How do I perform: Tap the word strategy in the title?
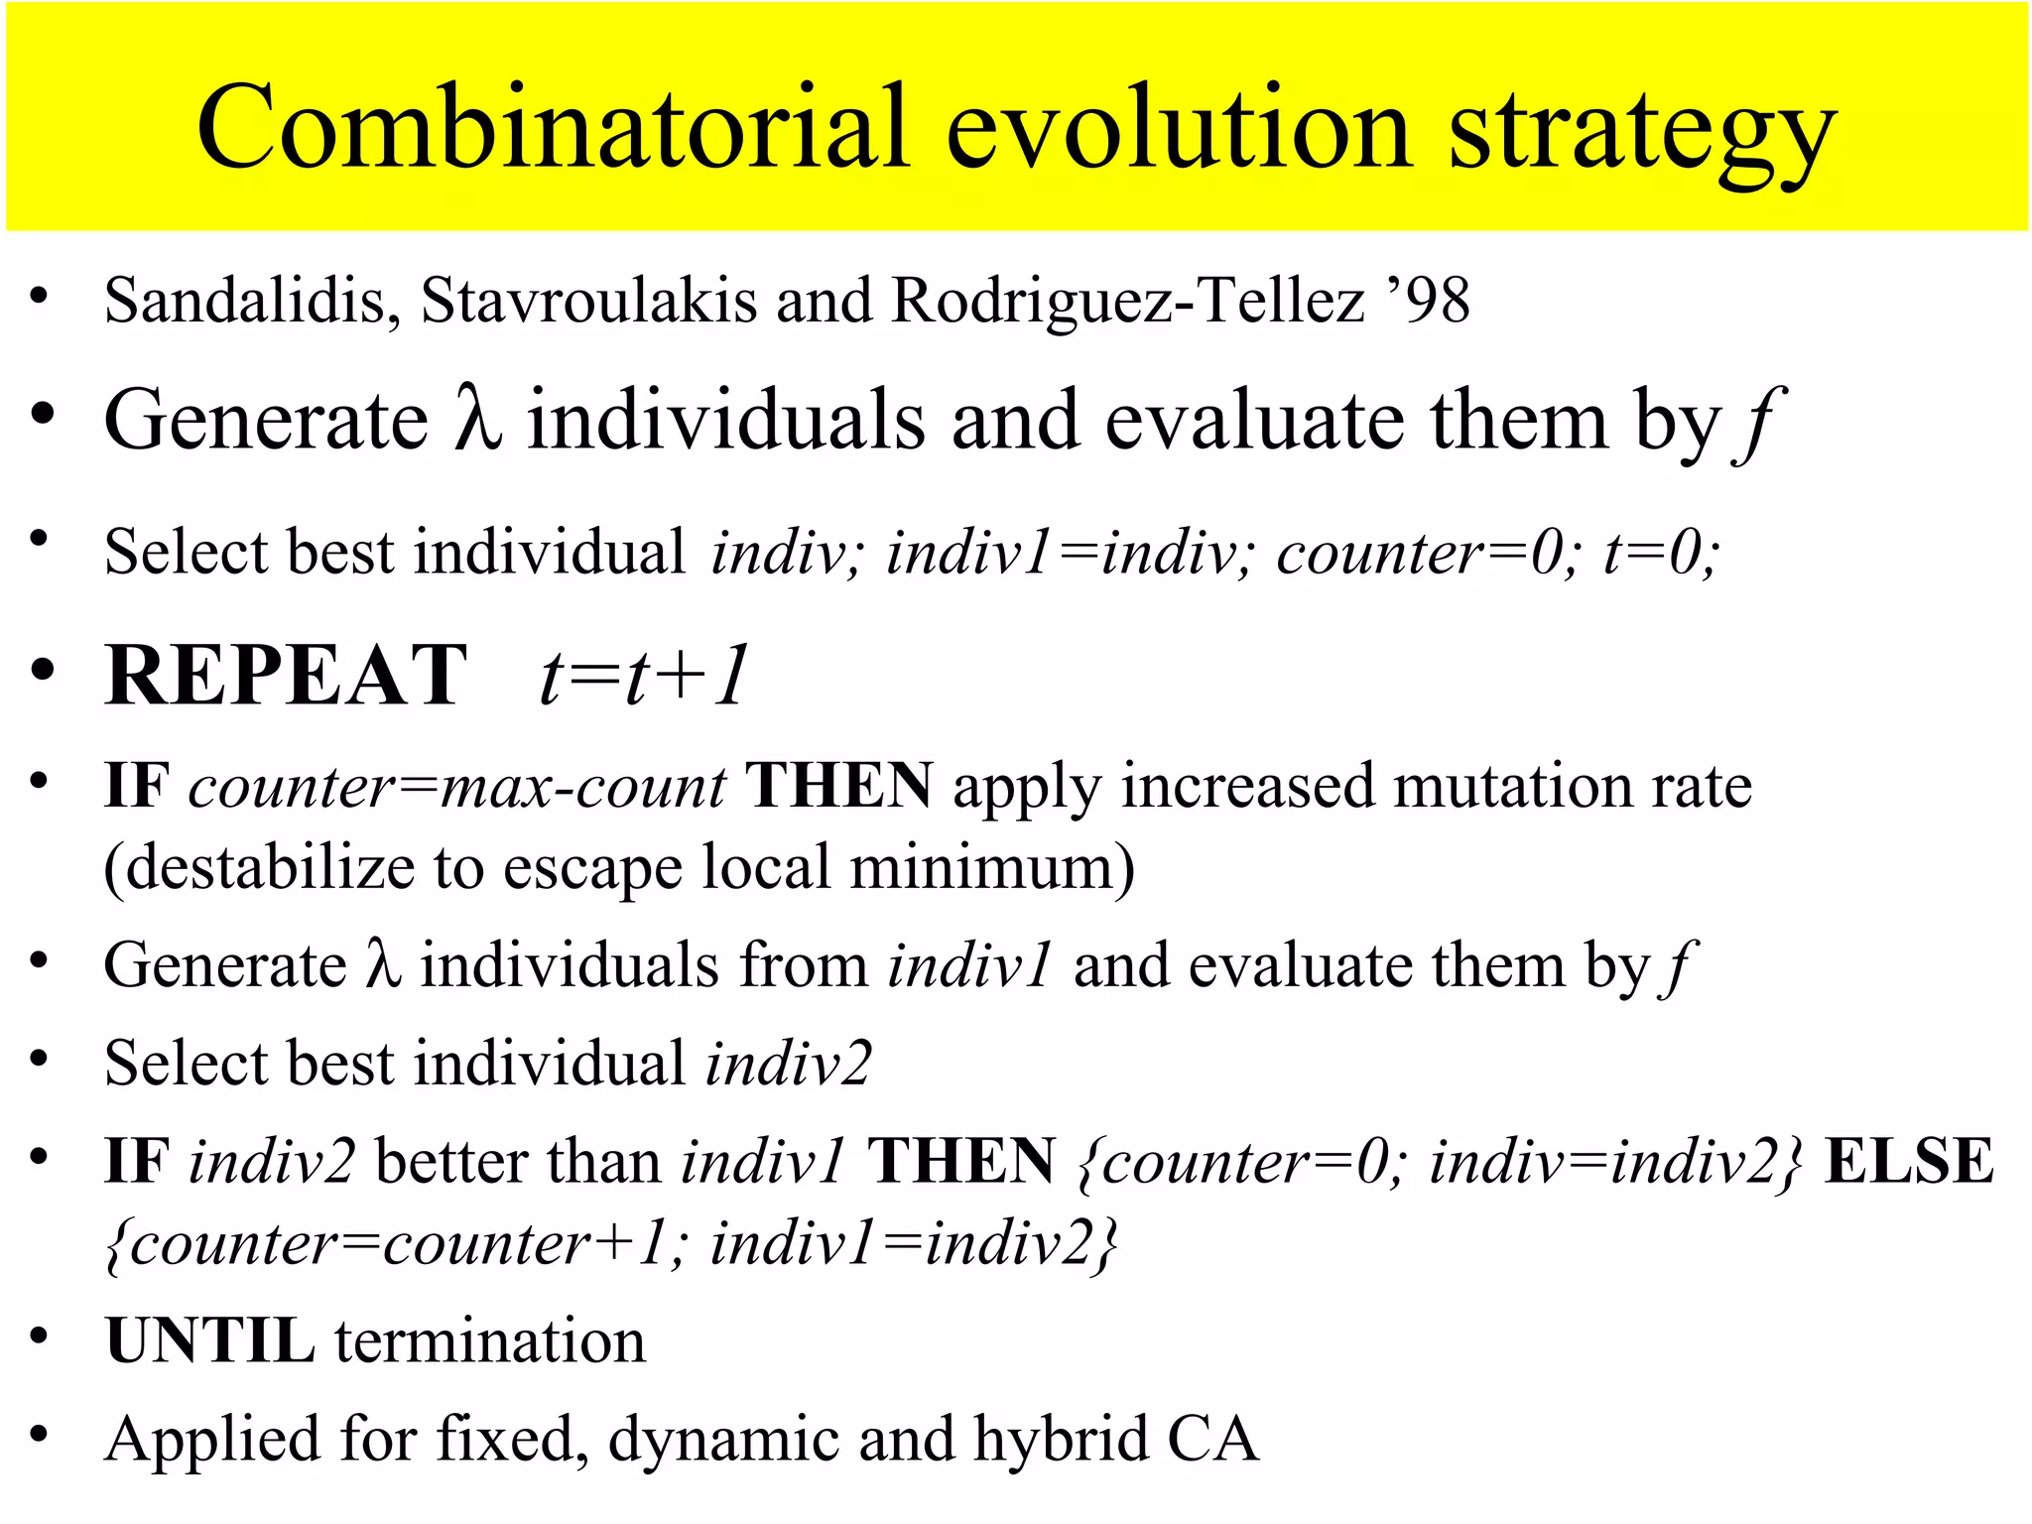[x=1642, y=134]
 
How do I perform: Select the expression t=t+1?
[x=643, y=677]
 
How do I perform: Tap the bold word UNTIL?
[x=209, y=1340]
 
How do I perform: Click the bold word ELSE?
[x=1909, y=1161]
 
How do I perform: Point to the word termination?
[x=490, y=1340]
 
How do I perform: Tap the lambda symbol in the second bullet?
[x=478, y=421]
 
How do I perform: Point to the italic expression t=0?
[x=1660, y=552]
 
